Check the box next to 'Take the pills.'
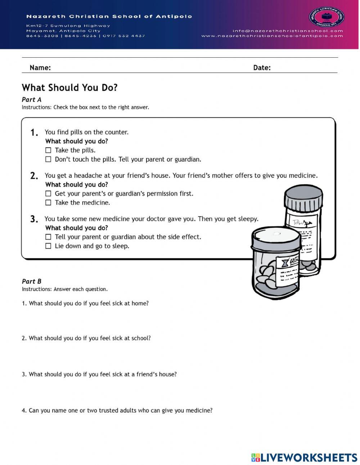pyautogui.click(x=48, y=151)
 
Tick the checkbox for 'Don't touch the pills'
pyautogui.click(x=48, y=160)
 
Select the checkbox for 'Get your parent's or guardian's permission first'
pyautogui.click(x=48, y=194)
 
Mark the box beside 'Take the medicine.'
pyautogui.click(x=48, y=203)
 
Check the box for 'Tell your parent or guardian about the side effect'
pyautogui.click(x=48, y=237)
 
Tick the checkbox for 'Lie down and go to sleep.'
pyautogui.click(x=48, y=246)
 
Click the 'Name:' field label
pyautogui.click(x=40, y=68)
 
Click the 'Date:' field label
pyautogui.click(x=262, y=68)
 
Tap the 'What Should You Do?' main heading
pyautogui.click(x=69, y=88)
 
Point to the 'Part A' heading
pyautogui.click(x=32, y=99)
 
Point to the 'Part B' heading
pyautogui.click(x=32, y=281)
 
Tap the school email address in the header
pyautogui.click(x=288, y=31)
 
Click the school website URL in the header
pyautogui.click(x=272, y=36)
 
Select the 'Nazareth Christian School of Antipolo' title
pyautogui.click(x=109, y=17)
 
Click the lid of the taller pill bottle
pyautogui.click(x=303, y=199)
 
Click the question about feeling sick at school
pyautogui.click(x=86, y=338)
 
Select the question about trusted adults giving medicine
pyautogui.click(x=117, y=410)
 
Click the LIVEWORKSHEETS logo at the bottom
pyautogui.click(x=304, y=457)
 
